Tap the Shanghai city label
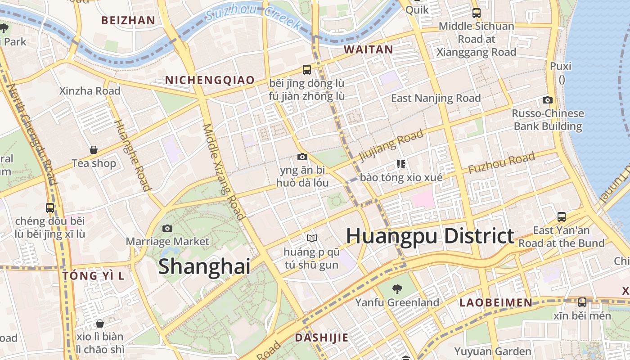click(x=204, y=266)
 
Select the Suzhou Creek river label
click(x=253, y=17)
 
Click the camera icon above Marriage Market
click(x=167, y=228)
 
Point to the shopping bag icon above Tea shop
click(x=94, y=150)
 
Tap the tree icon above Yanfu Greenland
click(x=397, y=289)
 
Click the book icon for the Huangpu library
click(x=311, y=238)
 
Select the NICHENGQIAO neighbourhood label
click(x=210, y=81)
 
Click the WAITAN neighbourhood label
click(x=369, y=50)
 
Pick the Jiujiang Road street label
click(x=391, y=145)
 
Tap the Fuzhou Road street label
click(x=501, y=163)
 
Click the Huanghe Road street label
click(x=133, y=155)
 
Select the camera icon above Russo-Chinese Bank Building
click(x=548, y=100)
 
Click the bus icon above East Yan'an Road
click(x=561, y=217)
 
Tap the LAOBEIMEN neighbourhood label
click(x=496, y=303)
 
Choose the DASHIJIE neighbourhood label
click(x=321, y=338)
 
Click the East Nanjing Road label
click(x=436, y=98)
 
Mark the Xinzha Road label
click(x=90, y=91)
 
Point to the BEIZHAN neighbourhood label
click(x=128, y=20)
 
